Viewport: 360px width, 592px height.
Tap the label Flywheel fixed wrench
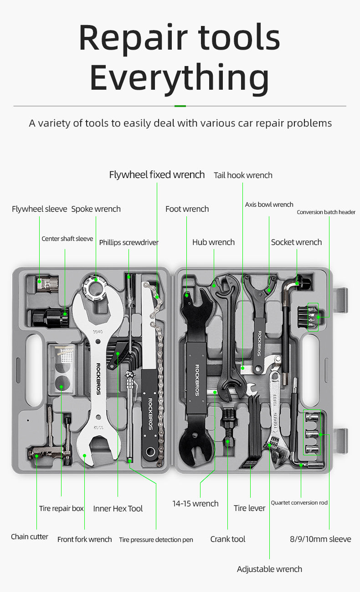(x=157, y=175)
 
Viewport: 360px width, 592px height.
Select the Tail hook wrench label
(x=243, y=175)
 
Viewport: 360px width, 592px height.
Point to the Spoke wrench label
(x=96, y=209)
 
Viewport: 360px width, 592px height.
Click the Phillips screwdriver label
(x=129, y=242)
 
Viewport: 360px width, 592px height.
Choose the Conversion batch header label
(x=326, y=212)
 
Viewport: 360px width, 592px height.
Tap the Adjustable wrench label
(x=269, y=569)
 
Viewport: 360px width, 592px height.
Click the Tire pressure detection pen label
(x=156, y=540)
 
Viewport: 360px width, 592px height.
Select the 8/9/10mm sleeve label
(x=320, y=539)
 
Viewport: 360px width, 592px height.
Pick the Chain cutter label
(x=30, y=537)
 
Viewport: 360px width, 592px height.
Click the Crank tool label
(x=228, y=539)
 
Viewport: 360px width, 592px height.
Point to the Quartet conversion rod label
(x=299, y=503)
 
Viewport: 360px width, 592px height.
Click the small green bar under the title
(x=180, y=106)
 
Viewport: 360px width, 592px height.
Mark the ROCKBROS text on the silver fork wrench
(x=98, y=378)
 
